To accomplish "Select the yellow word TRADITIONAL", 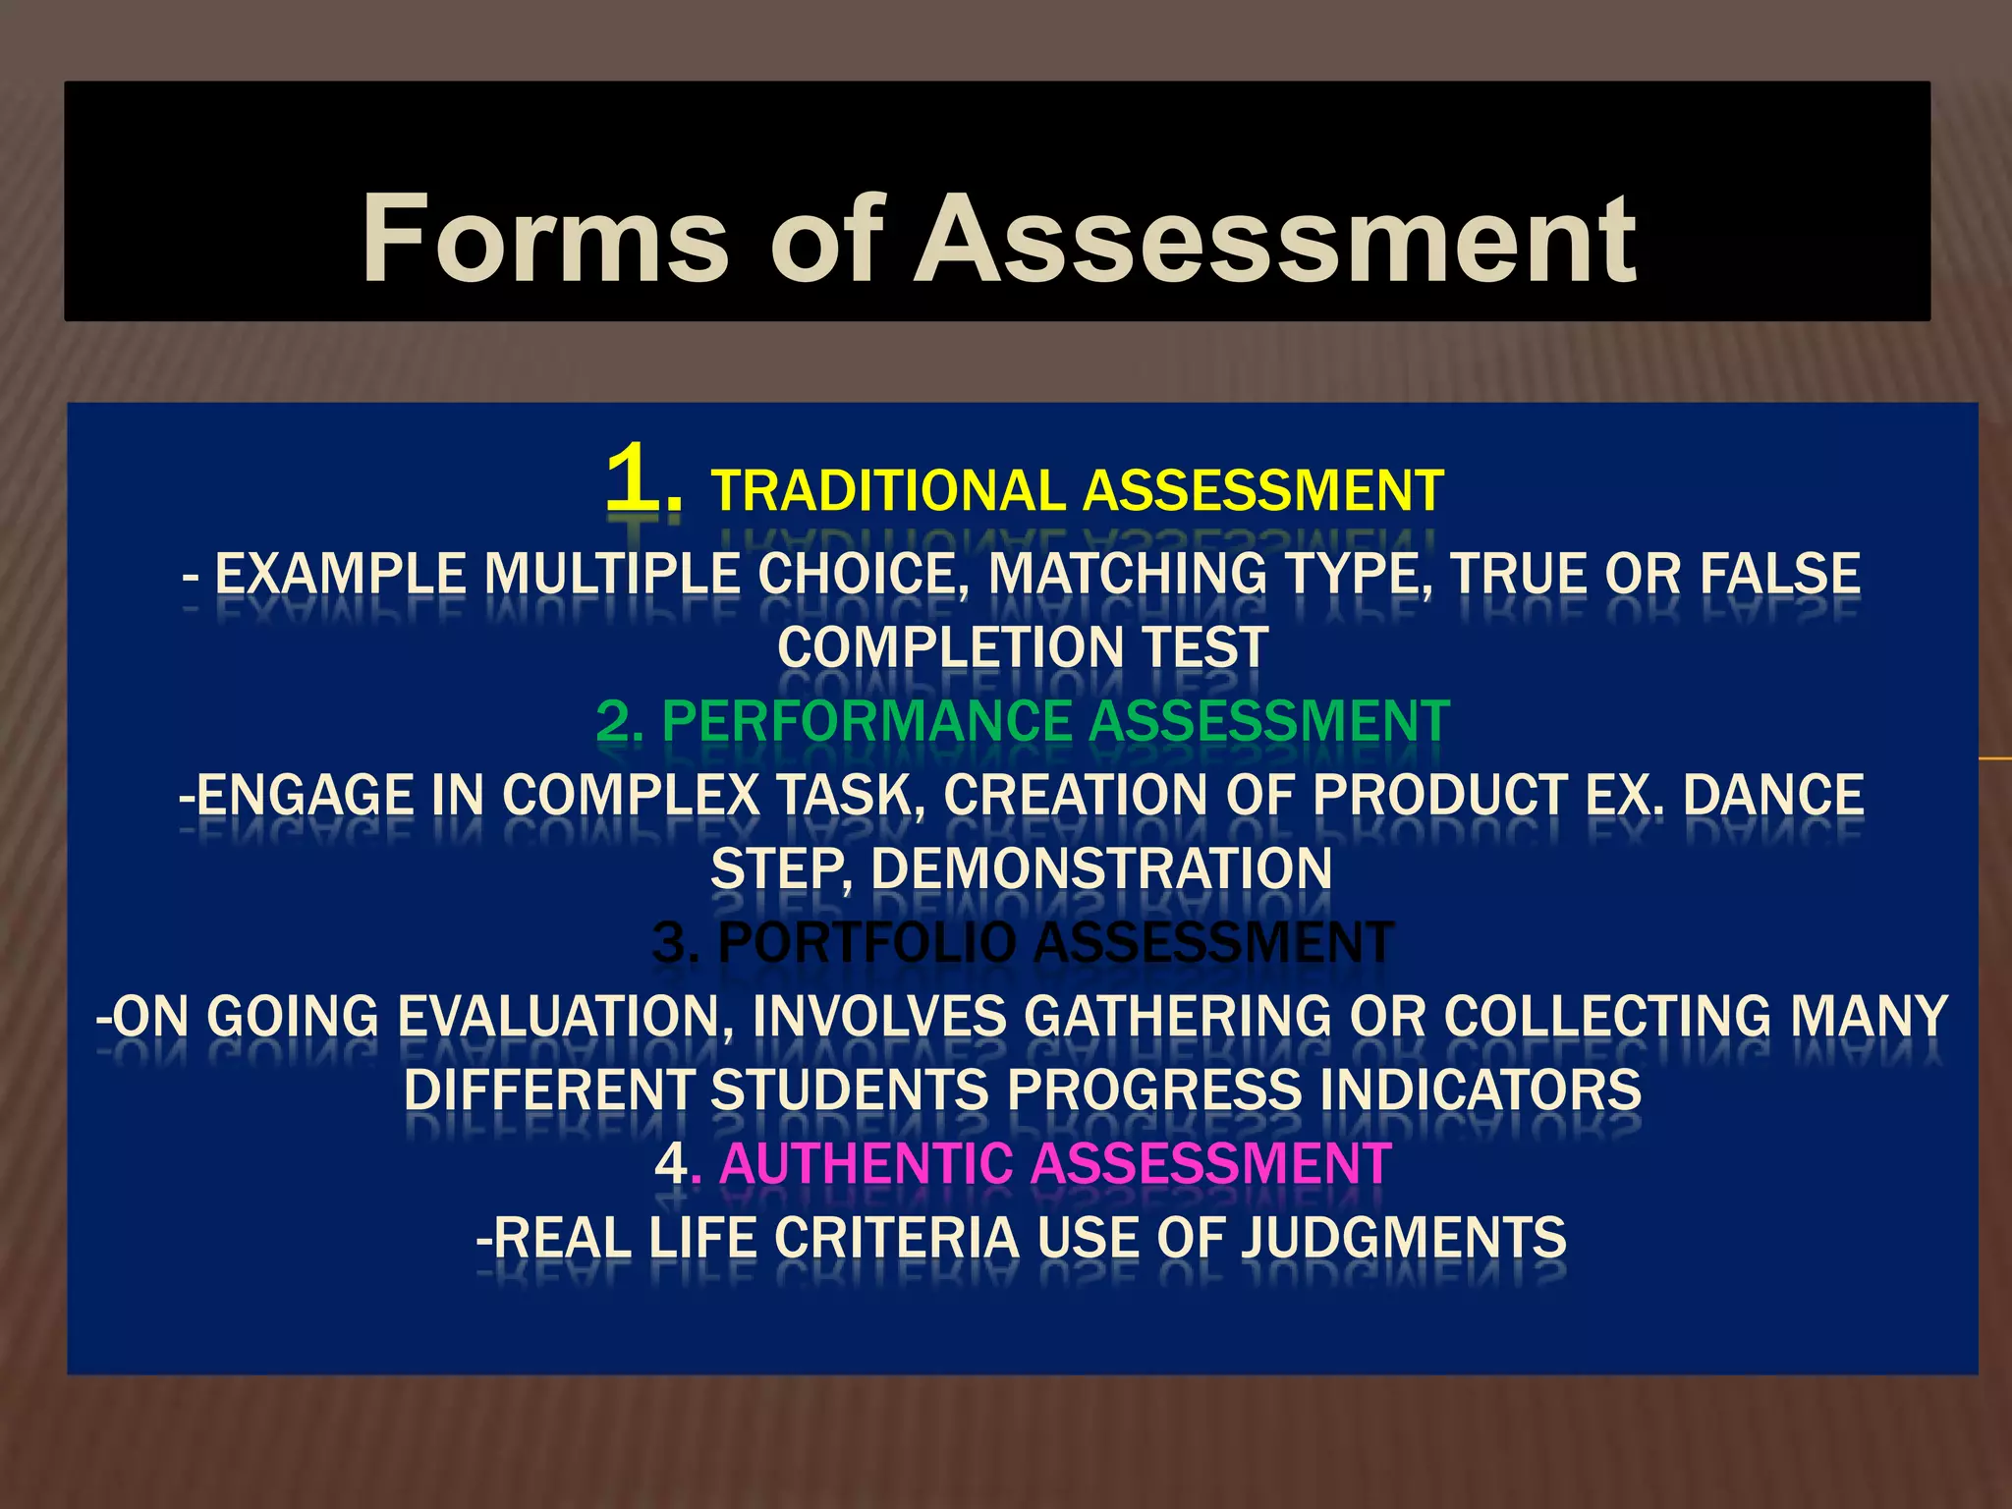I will tap(888, 491).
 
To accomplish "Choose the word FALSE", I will tap(1779, 574).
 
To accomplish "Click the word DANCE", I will tap(1773, 795).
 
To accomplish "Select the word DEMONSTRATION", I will tap(1100, 869).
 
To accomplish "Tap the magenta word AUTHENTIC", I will tap(866, 1164).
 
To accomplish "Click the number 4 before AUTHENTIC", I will tap(672, 1164).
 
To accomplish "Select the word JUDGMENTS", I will tap(1404, 1238).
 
